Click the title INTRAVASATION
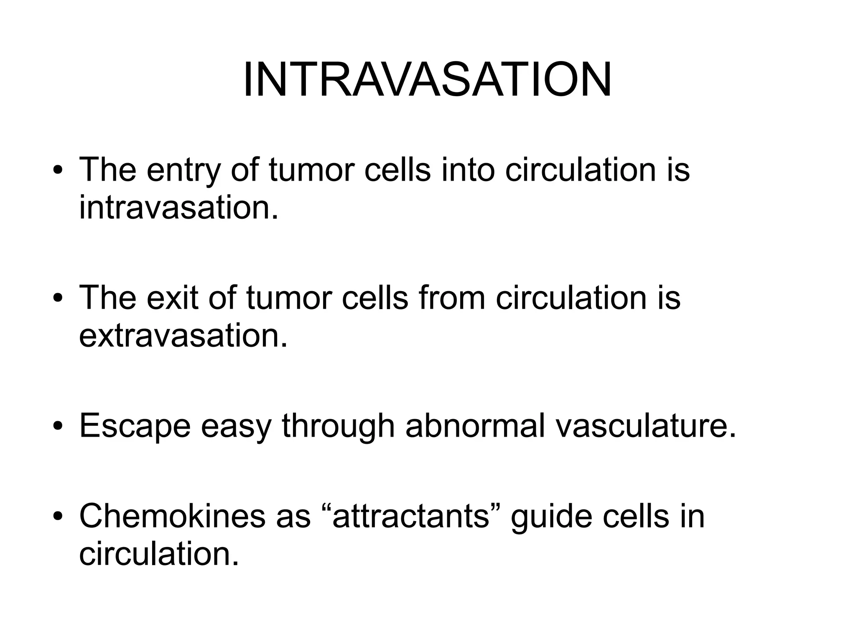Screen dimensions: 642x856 pos(427,79)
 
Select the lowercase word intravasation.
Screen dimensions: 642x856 pos(178,208)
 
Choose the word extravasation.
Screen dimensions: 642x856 pos(183,336)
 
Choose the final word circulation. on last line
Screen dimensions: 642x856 pos(159,554)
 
